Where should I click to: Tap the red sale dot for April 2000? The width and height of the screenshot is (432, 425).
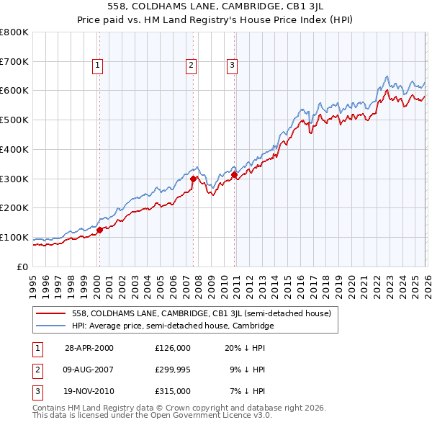coord(100,230)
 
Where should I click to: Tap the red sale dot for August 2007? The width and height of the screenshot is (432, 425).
coord(193,178)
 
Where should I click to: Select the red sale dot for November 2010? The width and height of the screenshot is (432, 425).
coord(235,174)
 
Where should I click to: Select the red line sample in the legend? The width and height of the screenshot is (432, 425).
coord(51,313)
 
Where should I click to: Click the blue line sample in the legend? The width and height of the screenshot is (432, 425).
coord(51,326)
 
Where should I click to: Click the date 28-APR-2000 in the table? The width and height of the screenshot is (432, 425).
coord(89,347)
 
